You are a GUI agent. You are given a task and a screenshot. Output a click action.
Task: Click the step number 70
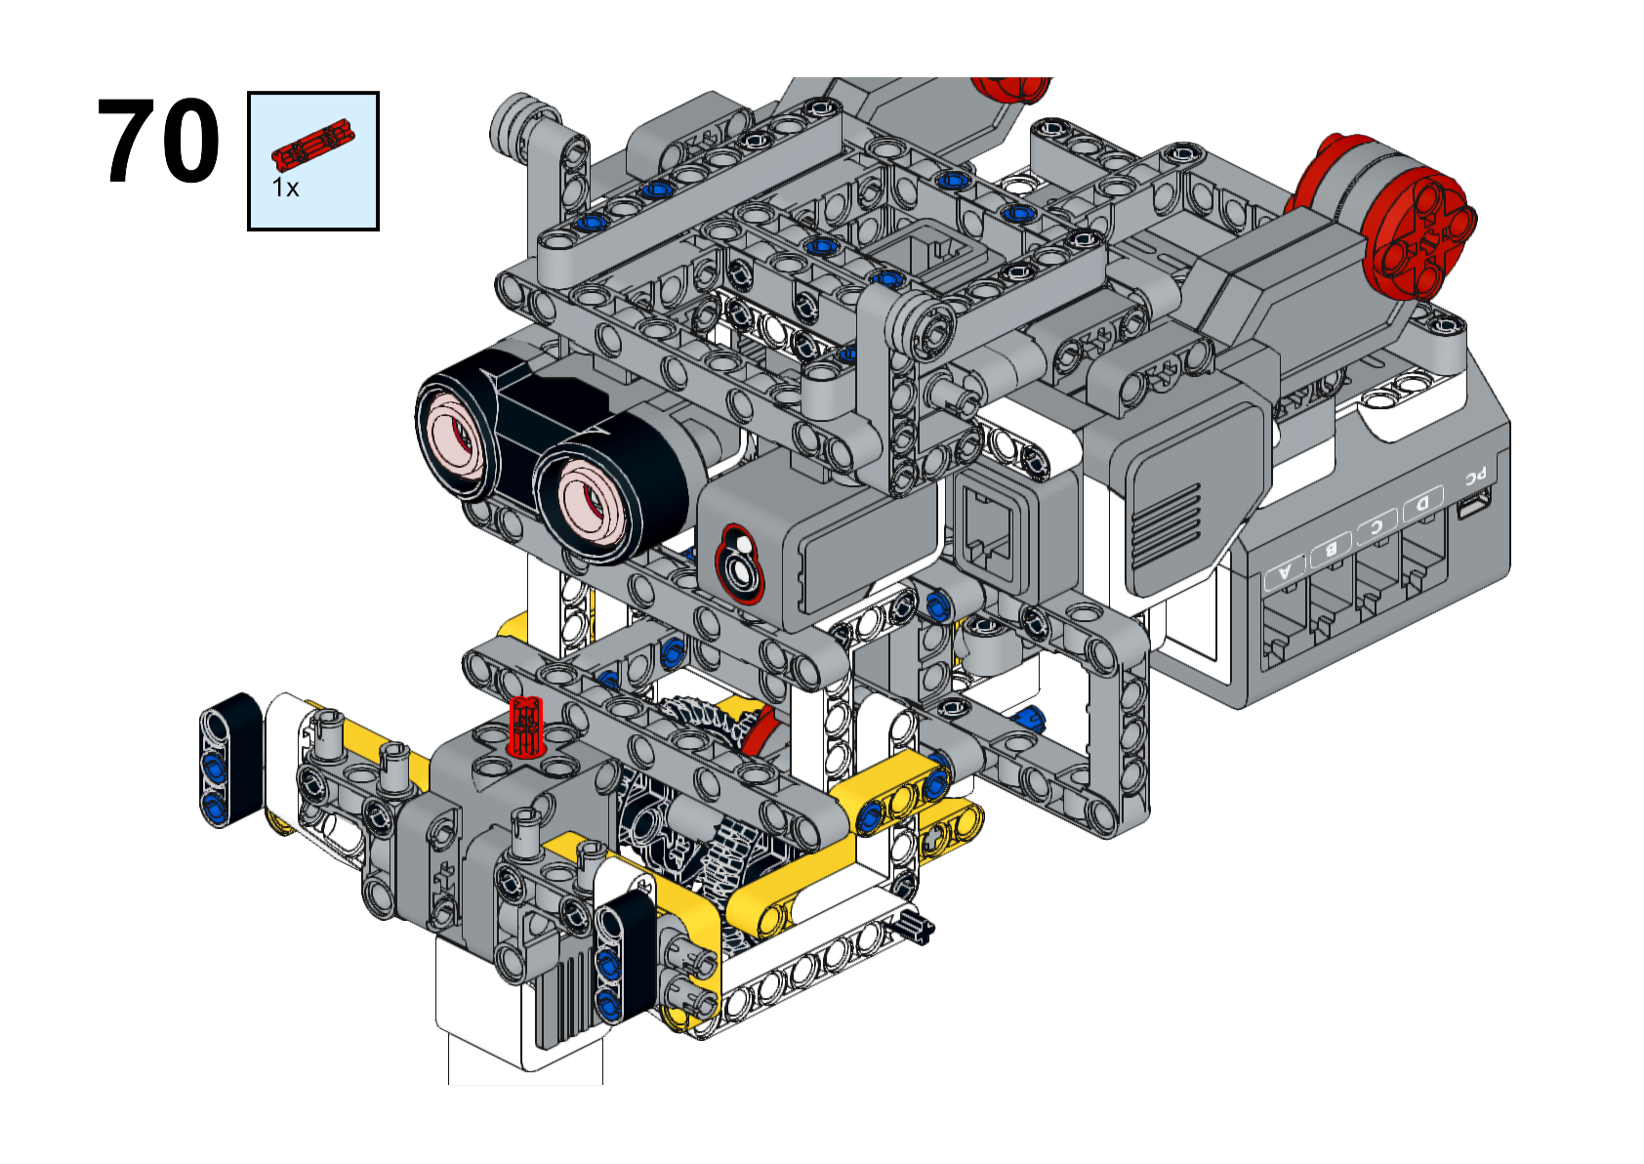coord(158,141)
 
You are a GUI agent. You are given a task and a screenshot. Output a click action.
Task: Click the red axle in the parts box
coord(312,142)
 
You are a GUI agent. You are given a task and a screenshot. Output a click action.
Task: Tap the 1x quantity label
coord(285,187)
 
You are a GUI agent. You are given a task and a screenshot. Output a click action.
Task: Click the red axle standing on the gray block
coord(526,726)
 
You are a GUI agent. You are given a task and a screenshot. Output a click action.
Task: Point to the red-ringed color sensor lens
coord(739,563)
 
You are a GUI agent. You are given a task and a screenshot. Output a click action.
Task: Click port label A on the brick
coord(1285,572)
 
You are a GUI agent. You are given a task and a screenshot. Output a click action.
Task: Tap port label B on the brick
coord(1331,548)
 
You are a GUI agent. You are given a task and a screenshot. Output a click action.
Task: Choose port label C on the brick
coord(1377,526)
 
